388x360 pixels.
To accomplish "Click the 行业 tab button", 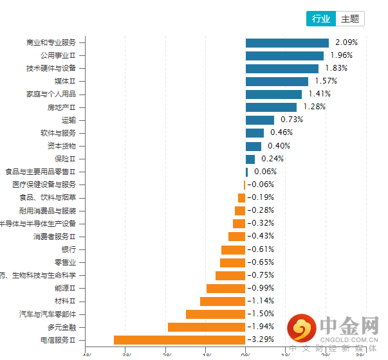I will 321,19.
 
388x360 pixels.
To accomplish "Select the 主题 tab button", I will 350,19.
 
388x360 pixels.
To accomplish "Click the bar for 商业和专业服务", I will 287,43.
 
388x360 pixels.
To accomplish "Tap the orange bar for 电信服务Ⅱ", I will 180,339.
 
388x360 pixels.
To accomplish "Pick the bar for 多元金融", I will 207,327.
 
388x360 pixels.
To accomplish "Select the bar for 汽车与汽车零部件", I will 216,314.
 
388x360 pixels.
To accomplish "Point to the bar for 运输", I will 260,120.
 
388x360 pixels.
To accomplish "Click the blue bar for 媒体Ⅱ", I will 277,82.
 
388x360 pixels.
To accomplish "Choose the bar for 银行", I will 233,249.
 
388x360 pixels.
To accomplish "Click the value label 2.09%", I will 346,42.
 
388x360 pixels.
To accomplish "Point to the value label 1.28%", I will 314,107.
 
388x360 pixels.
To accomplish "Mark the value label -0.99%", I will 261,288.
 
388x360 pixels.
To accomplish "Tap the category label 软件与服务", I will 58,133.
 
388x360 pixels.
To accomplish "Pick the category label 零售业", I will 65,262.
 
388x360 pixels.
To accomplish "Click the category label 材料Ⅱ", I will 65,301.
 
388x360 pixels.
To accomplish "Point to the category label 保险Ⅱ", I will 65,159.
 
